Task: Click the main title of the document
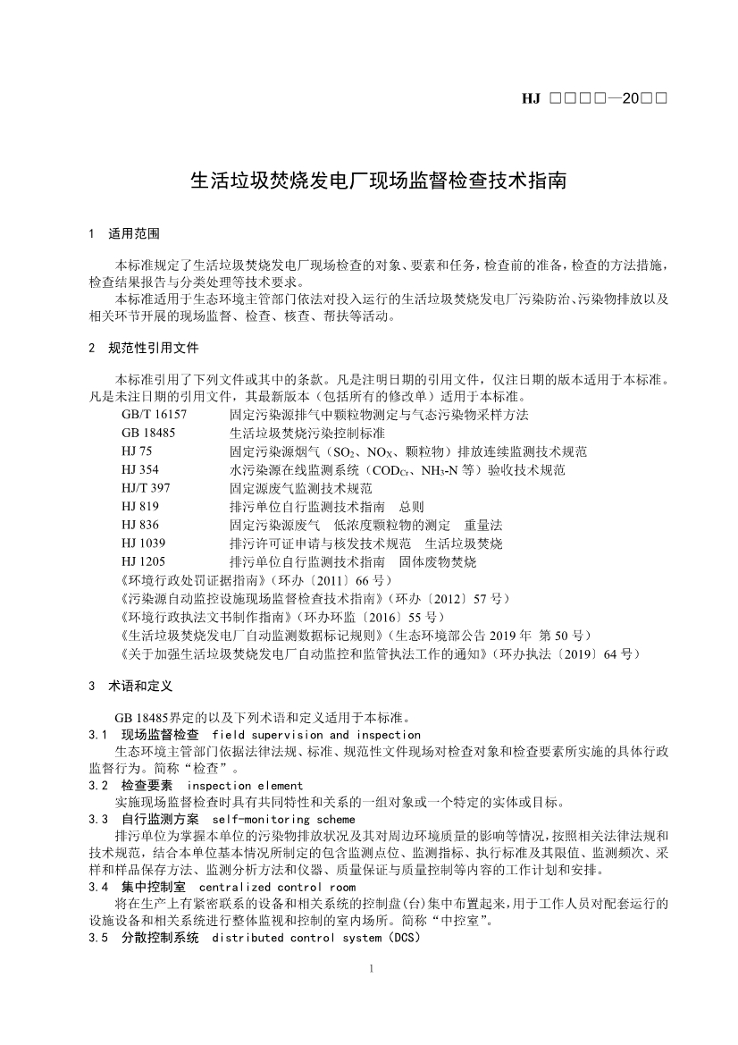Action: [x=379, y=180]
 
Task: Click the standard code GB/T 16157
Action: [x=155, y=416]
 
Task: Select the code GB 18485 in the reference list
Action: [x=148, y=434]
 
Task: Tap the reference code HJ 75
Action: [x=137, y=452]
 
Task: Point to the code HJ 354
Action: [x=140, y=470]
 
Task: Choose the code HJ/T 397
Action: [x=146, y=488]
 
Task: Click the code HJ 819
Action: [x=140, y=507]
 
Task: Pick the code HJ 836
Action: [x=140, y=525]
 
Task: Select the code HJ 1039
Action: [x=143, y=544]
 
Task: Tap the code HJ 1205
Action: [x=143, y=561]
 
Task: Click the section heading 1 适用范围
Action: [x=124, y=234]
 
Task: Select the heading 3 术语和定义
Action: [x=130, y=687]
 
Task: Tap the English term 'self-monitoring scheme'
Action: [x=283, y=819]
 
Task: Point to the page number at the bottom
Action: [x=370, y=969]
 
